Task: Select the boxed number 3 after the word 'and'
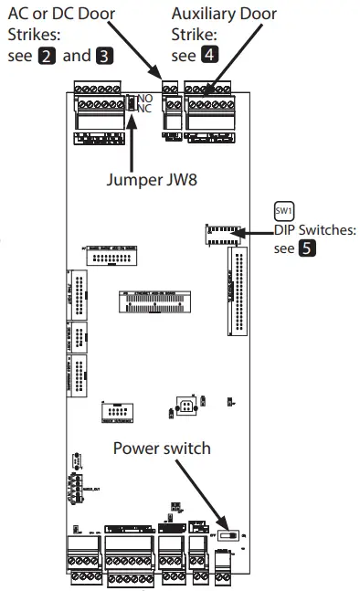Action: (105, 56)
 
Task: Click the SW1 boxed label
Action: (283, 211)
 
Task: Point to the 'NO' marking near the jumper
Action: (143, 98)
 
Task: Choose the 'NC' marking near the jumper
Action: (143, 108)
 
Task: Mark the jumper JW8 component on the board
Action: (131, 103)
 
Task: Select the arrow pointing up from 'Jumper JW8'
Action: (133, 142)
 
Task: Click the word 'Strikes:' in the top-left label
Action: (34, 35)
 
